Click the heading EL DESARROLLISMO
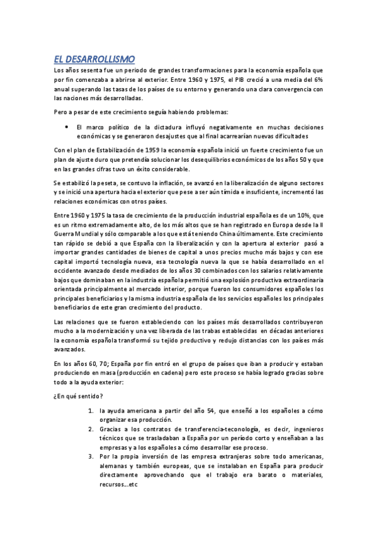point(94,59)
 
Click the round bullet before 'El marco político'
point(67,127)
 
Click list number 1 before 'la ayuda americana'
point(91,411)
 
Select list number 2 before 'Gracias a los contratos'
point(91,428)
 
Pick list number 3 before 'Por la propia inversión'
point(91,456)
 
